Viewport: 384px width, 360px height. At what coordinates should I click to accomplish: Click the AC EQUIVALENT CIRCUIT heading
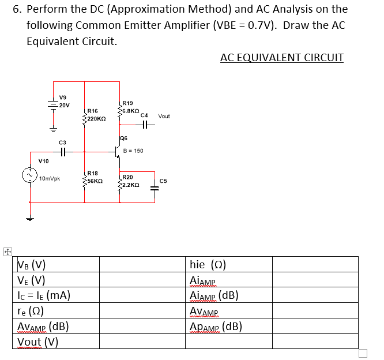point(281,58)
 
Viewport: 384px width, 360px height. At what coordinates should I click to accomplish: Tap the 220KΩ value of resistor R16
point(96,118)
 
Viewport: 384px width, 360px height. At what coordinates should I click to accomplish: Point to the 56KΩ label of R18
point(95,181)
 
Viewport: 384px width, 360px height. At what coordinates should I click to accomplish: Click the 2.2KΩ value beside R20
point(130,185)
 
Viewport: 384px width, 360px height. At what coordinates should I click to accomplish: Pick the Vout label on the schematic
point(164,116)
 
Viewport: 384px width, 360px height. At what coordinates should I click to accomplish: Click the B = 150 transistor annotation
point(134,151)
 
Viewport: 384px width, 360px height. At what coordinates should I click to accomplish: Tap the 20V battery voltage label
point(64,106)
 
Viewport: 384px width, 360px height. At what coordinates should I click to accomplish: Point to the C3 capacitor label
point(62,142)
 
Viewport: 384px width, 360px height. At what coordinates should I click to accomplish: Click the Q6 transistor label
point(123,138)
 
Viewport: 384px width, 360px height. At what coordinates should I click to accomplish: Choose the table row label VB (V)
point(32,265)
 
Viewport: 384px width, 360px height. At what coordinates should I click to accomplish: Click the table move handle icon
point(7,252)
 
